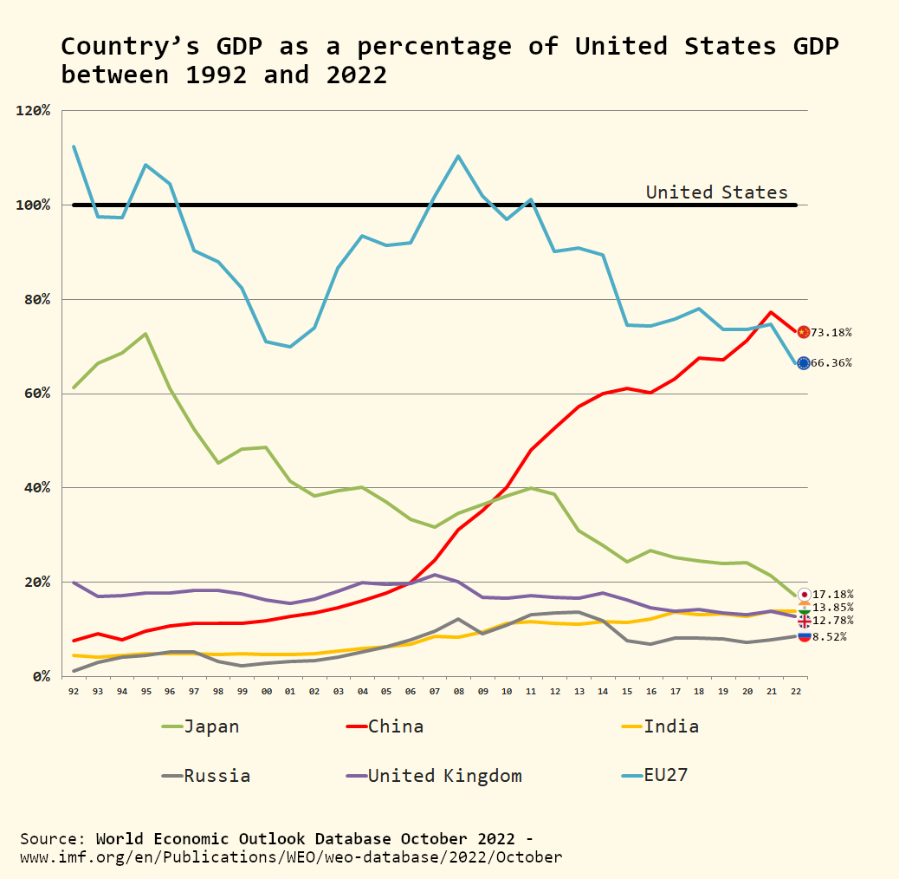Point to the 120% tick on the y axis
click(x=34, y=111)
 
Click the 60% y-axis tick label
click(x=37, y=394)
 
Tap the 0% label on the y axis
click(x=41, y=676)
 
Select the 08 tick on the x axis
click(x=458, y=692)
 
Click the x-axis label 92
click(x=74, y=692)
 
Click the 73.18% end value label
click(x=831, y=333)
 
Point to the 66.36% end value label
click(x=831, y=363)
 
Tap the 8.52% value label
click(x=832, y=637)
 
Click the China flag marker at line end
click(x=804, y=332)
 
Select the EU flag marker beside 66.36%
click(x=804, y=363)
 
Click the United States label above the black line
click(x=716, y=192)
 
